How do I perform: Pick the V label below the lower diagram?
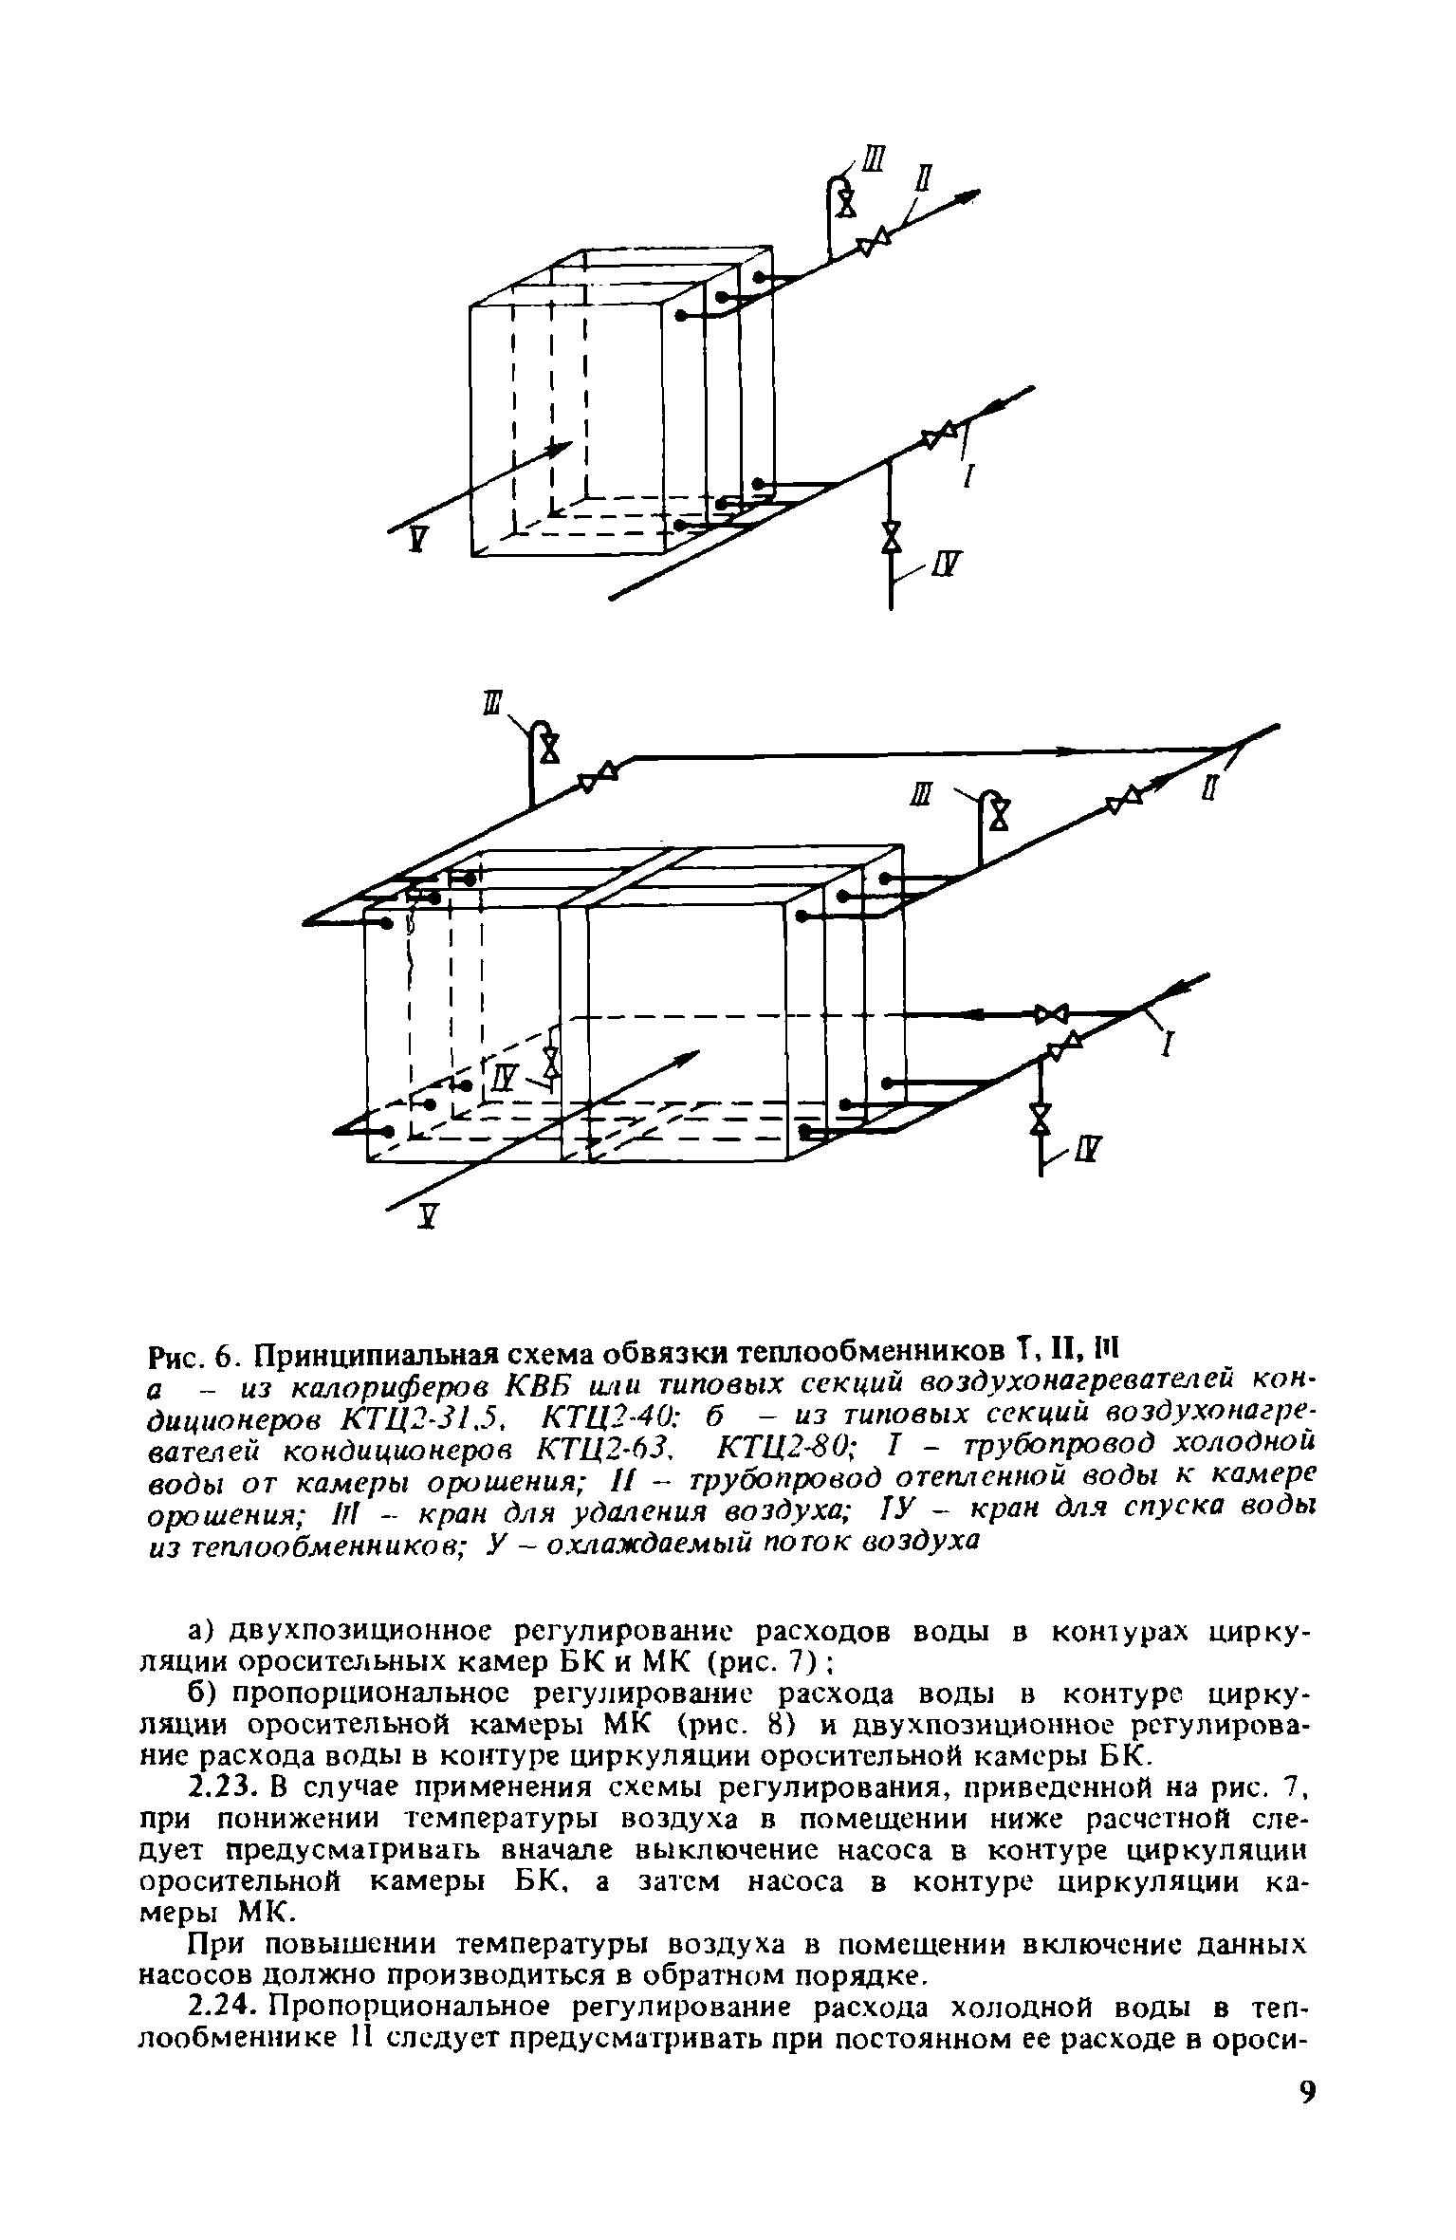point(427,1218)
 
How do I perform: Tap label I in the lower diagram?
point(1170,1046)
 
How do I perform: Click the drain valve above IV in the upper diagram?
point(891,536)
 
